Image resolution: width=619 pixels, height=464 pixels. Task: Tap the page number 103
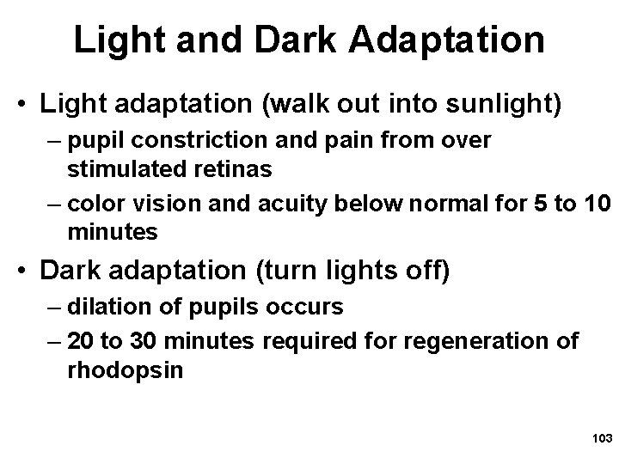tap(599, 438)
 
